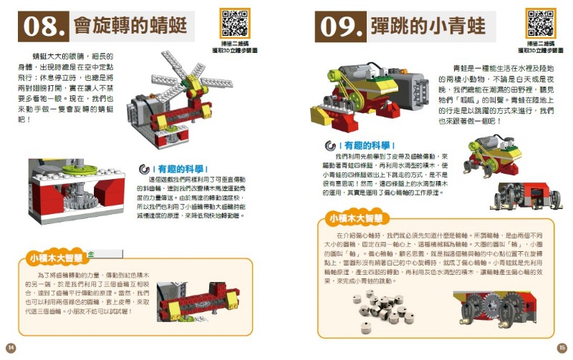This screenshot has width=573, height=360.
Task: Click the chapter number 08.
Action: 44,26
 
